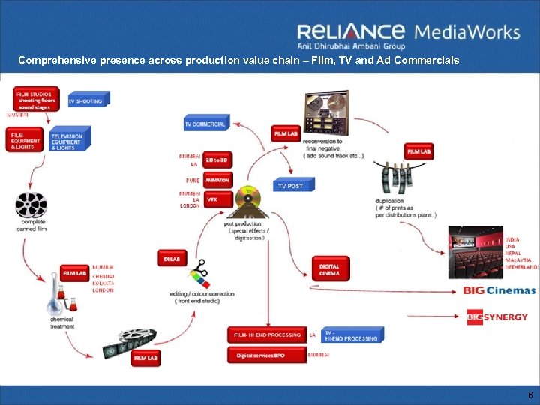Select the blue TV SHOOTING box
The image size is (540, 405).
tap(88, 100)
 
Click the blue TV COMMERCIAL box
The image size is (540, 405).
tap(205, 123)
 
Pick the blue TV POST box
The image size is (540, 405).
tap(293, 184)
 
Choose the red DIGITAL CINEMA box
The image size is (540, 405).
tap(329, 269)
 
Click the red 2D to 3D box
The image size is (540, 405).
tap(217, 160)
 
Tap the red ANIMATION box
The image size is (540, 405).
tap(217, 180)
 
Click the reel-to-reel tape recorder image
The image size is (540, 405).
tap(323, 112)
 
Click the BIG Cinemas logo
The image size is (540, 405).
tap(499, 290)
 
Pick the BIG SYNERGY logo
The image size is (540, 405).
tap(496, 316)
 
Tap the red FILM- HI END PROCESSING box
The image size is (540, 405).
tap(267, 334)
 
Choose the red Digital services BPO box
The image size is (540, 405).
tap(267, 354)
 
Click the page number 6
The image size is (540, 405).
tap(529, 394)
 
